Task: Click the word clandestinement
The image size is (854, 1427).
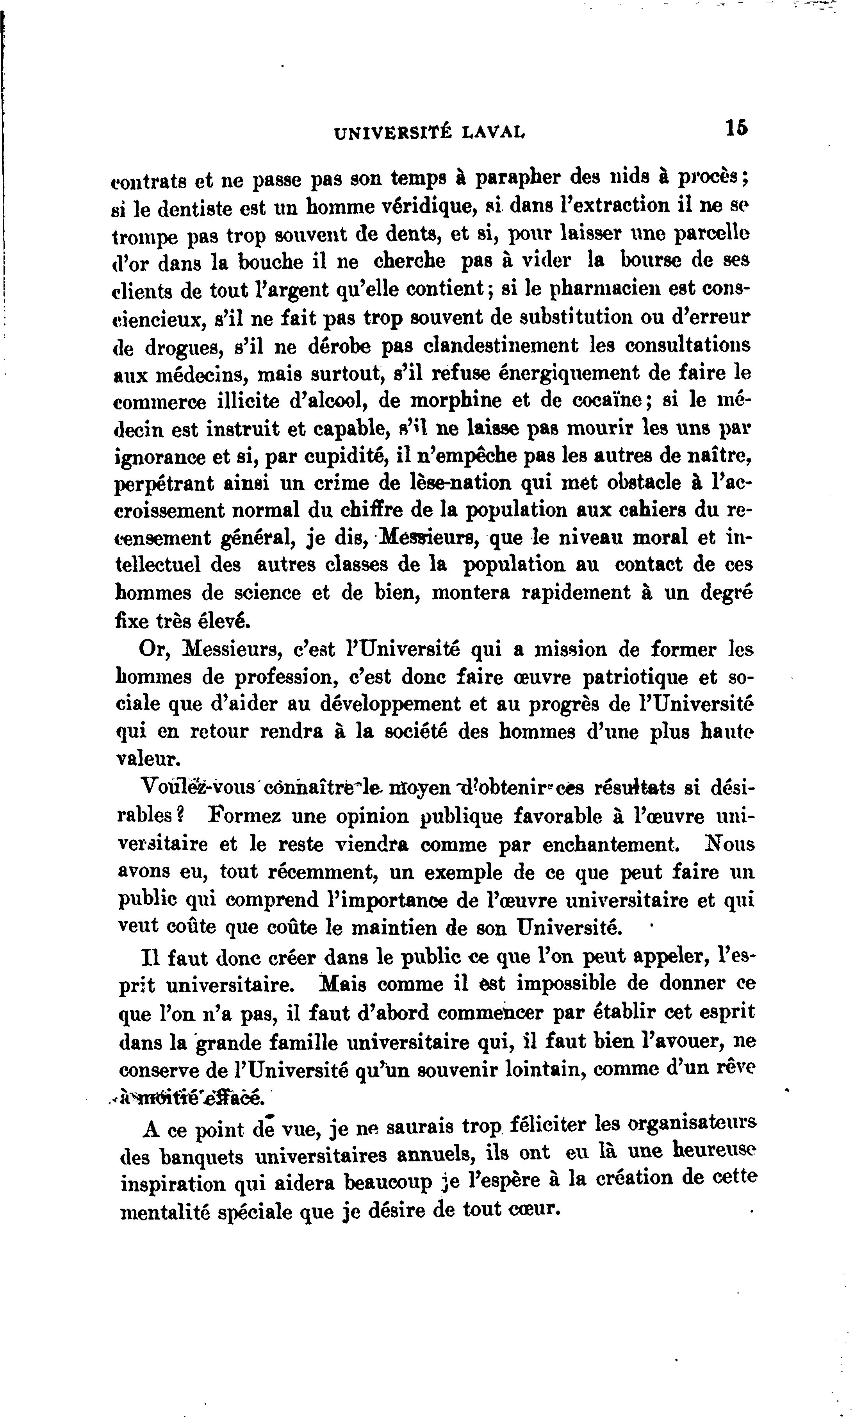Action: tap(501, 345)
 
